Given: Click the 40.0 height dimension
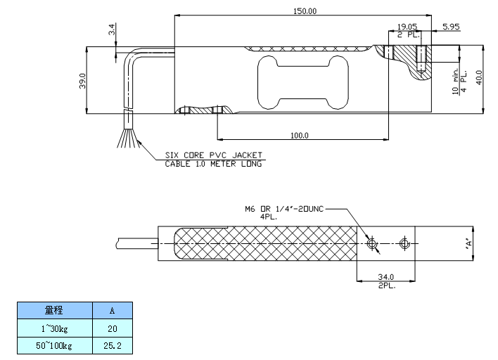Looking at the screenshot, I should pyautogui.click(x=479, y=77).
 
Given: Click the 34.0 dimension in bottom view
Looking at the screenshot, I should pyautogui.click(x=385, y=277).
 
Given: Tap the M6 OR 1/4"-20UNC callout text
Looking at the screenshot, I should pyautogui.click(x=285, y=209).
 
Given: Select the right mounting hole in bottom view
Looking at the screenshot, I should pyautogui.click(x=403, y=243).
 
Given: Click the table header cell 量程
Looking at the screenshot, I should pyautogui.click(x=54, y=310).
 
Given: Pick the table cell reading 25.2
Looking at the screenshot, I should pyautogui.click(x=113, y=345).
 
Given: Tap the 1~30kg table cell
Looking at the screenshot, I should pyautogui.click(x=54, y=328).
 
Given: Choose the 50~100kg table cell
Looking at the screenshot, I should pyautogui.click(x=54, y=345).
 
